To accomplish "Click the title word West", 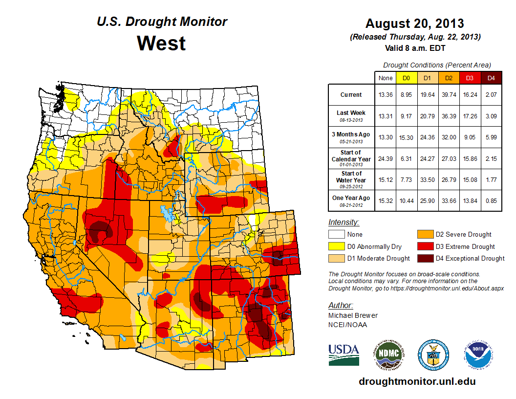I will [161, 43].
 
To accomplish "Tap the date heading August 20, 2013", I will [414, 23].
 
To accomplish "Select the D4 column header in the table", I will [491, 78].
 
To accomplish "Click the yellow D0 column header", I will [406, 78].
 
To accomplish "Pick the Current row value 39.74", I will [449, 95].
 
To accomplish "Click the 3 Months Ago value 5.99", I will [491, 137].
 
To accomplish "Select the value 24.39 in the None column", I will [386, 158].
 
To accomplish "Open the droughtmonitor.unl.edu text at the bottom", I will [417, 381].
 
